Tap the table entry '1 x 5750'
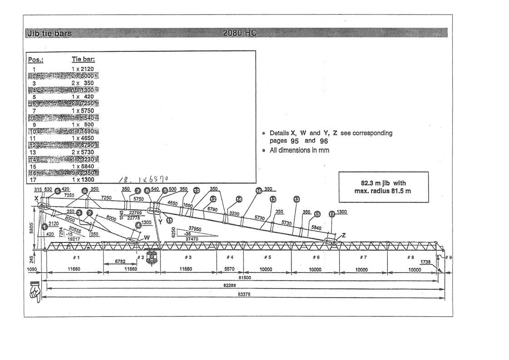coord(83,110)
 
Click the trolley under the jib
coord(151,256)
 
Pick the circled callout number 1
coord(44,226)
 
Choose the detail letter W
coord(147,237)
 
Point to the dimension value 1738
coord(425,262)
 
